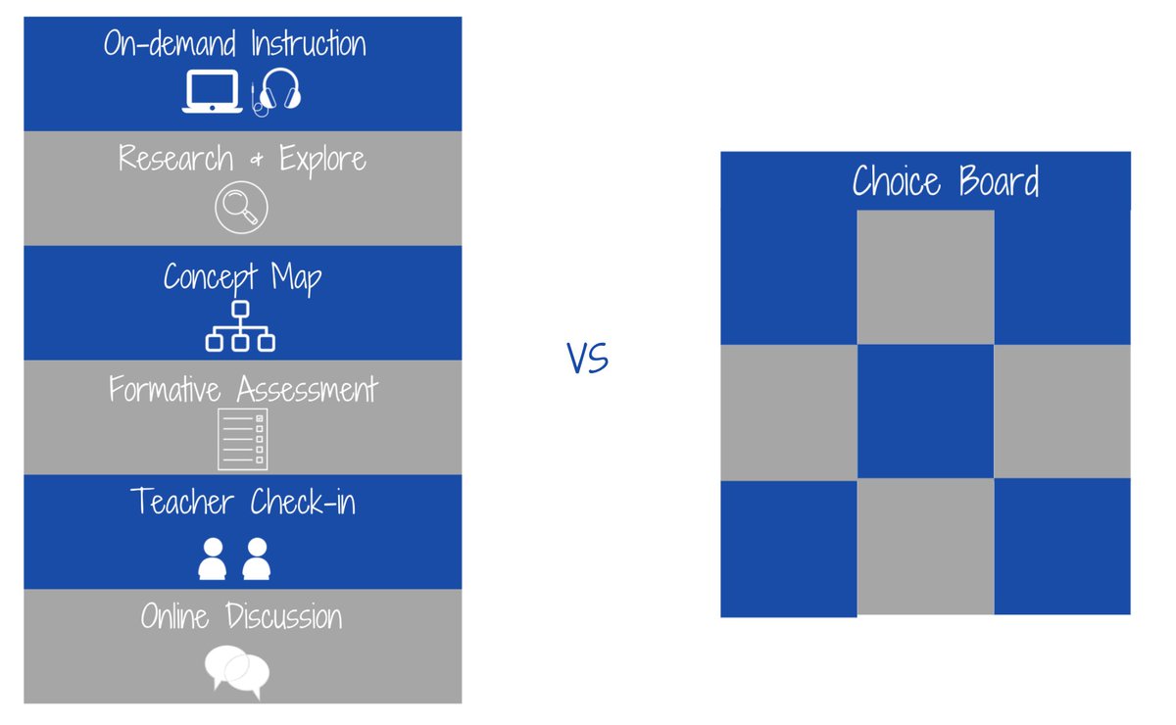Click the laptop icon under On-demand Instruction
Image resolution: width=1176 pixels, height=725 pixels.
click(212, 92)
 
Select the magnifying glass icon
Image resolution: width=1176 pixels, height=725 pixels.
click(241, 208)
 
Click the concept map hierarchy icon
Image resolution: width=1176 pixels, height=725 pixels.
click(240, 326)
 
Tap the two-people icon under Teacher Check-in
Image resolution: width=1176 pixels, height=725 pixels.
click(234, 557)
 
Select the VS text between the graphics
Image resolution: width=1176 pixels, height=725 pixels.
click(588, 359)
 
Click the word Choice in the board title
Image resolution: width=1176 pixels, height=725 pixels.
click(896, 182)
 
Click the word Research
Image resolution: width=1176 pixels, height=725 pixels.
click(176, 158)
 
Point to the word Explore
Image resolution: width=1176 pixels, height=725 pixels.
click(322, 159)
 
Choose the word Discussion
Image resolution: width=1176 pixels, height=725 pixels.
click(284, 616)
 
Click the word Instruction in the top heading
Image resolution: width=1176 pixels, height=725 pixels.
click(308, 44)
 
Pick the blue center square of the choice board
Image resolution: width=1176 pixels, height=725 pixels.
click(925, 411)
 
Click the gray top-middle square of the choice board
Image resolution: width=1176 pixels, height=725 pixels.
click(925, 277)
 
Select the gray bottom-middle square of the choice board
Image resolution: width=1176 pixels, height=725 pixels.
click(925, 546)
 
